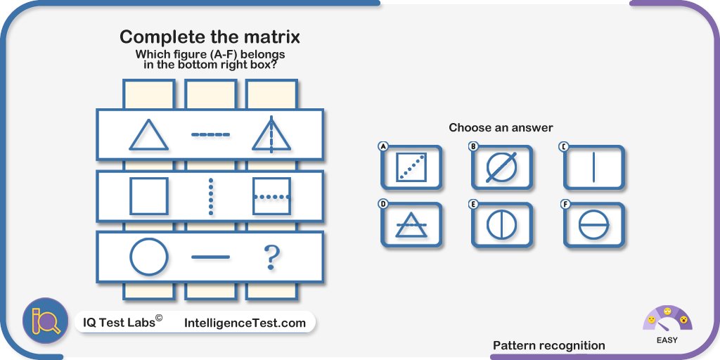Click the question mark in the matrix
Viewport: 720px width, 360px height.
(x=271, y=258)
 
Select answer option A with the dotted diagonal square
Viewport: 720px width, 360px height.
(x=411, y=167)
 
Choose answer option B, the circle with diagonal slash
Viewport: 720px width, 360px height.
(x=502, y=167)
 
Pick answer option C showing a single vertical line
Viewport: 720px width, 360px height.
(x=594, y=167)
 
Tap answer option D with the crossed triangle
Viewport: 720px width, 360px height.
(x=411, y=225)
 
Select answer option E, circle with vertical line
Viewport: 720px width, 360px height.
(x=502, y=225)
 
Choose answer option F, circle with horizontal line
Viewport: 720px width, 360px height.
(x=594, y=225)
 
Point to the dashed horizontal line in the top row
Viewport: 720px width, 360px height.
(x=210, y=134)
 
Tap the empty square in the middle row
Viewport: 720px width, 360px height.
(x=149, y=196)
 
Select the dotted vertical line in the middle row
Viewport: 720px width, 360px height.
(x=210, y=196)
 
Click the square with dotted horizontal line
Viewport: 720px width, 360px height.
(x=271, y=196)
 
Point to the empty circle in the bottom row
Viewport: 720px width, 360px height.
(x=149, y=257)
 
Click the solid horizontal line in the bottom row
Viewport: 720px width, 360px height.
(x=210, y=257)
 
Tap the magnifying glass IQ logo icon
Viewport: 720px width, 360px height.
(x=46, y=321)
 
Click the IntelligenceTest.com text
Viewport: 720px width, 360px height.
(x=245, y=323)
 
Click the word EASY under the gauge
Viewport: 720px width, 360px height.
(x=667, y=340)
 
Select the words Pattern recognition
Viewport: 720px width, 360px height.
(x=548, y=345)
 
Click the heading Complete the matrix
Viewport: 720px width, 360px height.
(x=210, y=37)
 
